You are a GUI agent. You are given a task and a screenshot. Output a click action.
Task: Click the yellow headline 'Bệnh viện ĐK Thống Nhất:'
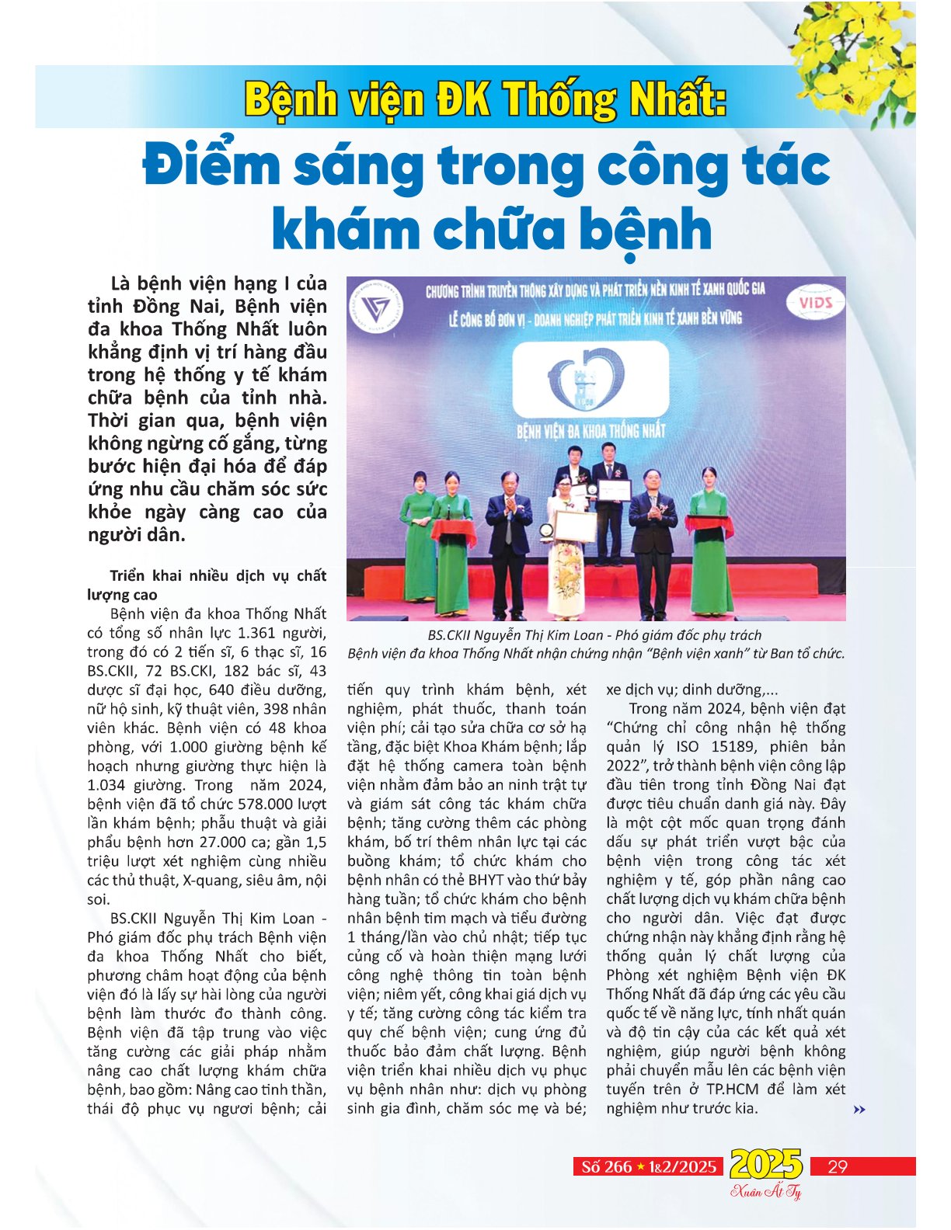(x=486, y=100)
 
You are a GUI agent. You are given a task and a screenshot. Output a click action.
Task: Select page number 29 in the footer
(x=838, y=1166)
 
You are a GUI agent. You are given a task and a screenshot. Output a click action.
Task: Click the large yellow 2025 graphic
(x=765, y=1165)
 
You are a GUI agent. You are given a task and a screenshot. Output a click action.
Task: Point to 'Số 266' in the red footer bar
(x=607, y=1167)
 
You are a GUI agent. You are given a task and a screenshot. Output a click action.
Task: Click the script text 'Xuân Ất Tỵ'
(x=765, y=1192)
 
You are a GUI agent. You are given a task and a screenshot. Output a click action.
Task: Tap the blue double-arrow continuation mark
(x=859, y=1110)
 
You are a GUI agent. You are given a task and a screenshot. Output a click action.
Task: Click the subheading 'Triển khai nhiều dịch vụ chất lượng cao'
(x=207, y=585)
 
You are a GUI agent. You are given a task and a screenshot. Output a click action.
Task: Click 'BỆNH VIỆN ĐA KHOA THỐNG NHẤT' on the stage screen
(x=590, y=430)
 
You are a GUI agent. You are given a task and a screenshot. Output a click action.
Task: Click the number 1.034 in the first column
(x=107, y=785)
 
